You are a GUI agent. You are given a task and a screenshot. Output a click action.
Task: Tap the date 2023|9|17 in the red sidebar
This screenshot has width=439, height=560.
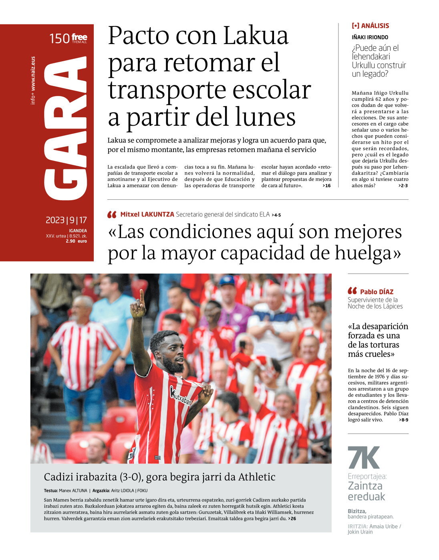[x=66, y=220]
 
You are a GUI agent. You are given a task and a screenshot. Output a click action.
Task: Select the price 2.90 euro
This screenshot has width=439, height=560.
[x=76, y=241]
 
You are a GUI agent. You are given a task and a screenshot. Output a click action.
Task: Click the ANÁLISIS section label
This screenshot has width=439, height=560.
[x=375, y=26]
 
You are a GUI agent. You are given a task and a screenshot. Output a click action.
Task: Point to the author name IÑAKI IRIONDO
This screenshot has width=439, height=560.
[x=370, y=37]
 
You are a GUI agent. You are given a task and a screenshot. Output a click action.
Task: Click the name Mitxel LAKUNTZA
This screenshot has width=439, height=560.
[x=147, y=215]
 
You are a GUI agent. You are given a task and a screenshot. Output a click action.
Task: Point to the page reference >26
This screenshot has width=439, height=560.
[x=292, y=519]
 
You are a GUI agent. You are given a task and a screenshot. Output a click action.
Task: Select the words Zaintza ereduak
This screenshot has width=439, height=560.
[x=366, y=491]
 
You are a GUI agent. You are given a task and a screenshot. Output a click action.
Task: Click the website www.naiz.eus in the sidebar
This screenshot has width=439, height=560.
[x=33, y=74]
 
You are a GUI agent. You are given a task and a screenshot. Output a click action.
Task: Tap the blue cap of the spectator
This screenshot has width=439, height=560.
[x=227, y=280]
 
